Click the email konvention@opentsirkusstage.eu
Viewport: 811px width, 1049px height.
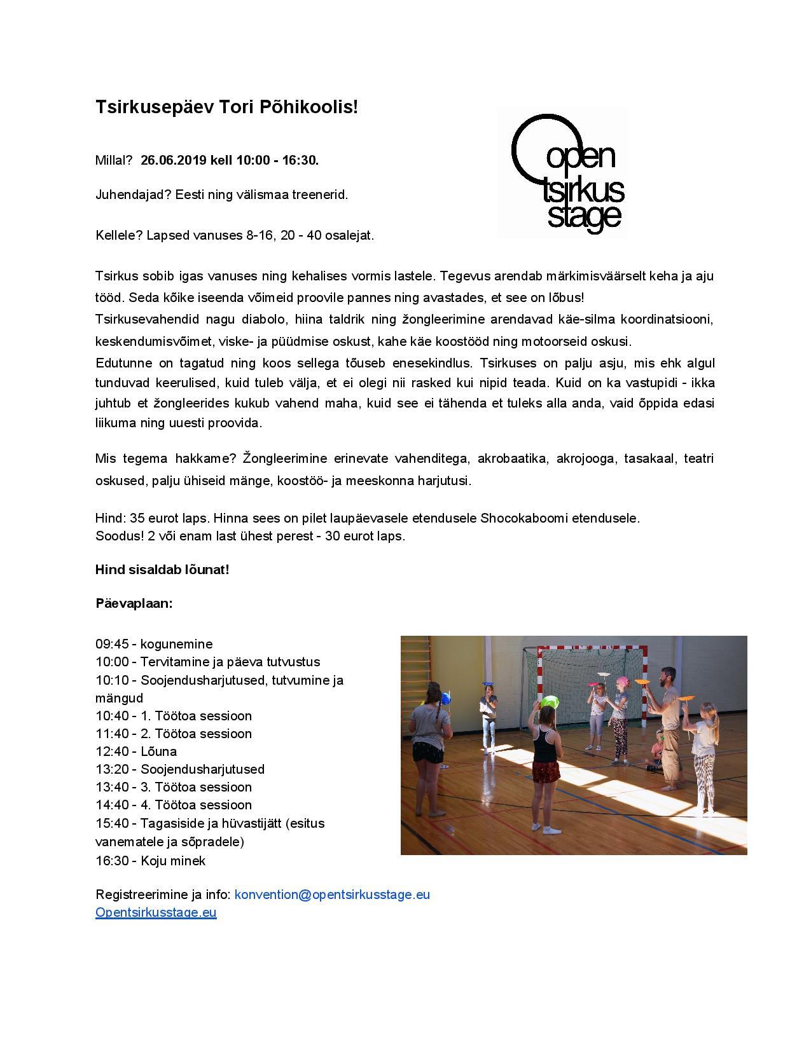(332, 895)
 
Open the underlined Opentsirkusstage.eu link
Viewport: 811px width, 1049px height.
(156, 912)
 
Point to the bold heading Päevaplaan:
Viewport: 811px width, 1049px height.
(134, 603)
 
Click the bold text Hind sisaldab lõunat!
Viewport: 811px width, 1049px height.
(162, 569)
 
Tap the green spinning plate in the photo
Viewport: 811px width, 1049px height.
(550, 701)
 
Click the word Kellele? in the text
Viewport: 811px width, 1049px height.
(118, 235)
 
